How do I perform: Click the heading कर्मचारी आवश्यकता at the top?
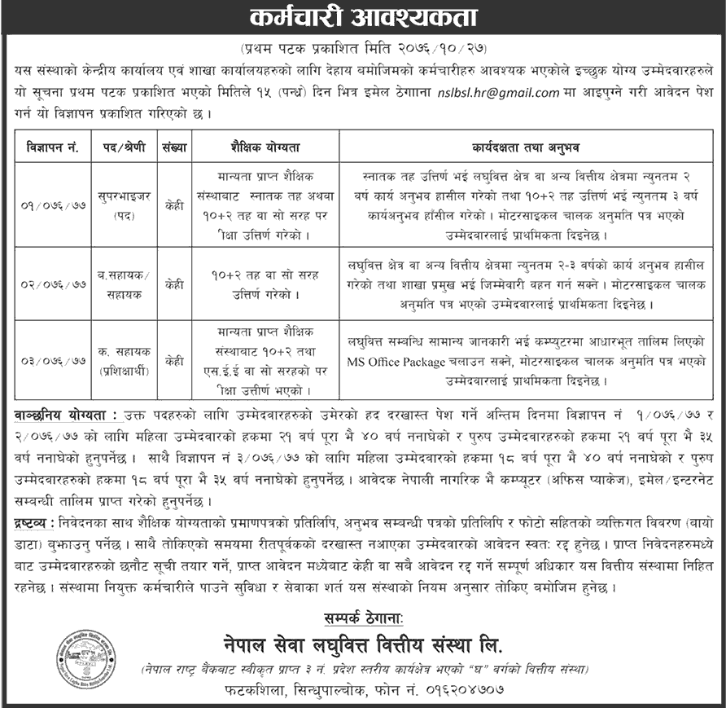[362, 17]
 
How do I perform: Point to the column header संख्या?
[173, 148]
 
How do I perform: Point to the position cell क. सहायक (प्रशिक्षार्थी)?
[123, 358]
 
